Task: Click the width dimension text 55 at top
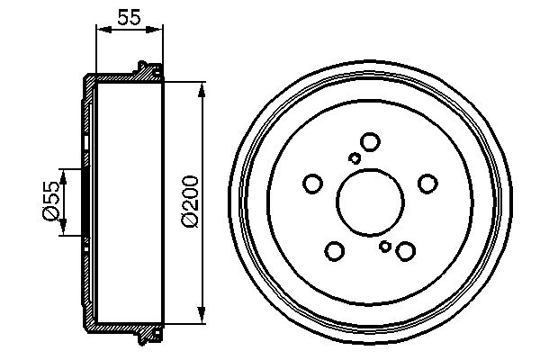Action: pos(129,17)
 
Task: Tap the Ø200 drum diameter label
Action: pos(190,200)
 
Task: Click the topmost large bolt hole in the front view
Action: pos(369,141)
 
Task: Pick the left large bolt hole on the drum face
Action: pos(312,184)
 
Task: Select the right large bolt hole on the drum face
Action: pos(427,184)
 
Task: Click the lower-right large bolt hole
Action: pos(404,251)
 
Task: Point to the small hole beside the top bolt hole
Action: pos(355,158)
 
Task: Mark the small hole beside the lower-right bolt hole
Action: pos(385,246)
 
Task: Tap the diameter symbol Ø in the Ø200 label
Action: pos(190,220)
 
